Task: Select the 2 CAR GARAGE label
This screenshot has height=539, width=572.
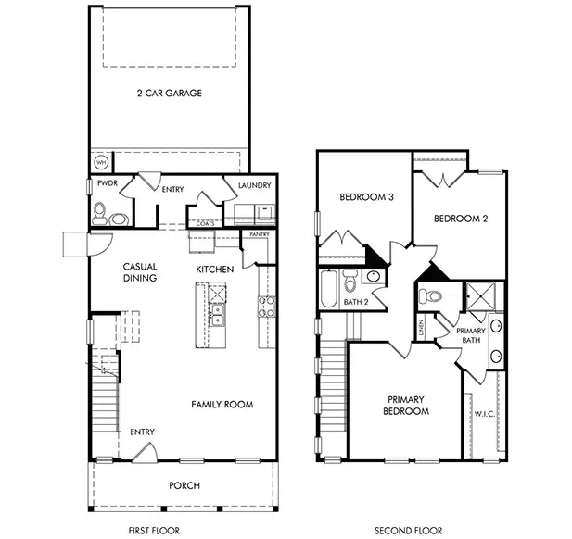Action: tap(169, 94)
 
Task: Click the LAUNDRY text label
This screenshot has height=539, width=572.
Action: tap(254, 186)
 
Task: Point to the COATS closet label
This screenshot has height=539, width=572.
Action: tap(203, 222)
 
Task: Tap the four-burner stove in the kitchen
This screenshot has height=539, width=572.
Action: tap(266, 307)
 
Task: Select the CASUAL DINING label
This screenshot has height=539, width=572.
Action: tap(140, 272)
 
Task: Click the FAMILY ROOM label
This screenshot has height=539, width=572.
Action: tap(222, 405)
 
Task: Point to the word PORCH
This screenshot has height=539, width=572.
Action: tap(184, 485)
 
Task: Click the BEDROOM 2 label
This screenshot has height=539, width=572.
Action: tap(461, 219)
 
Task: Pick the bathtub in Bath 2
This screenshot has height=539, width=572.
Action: tap(329, 288)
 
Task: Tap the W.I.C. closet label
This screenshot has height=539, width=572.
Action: tap(485, 414)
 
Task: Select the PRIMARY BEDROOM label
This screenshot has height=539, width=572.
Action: tap(408, 405)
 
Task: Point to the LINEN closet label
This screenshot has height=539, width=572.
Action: tap(420, 327)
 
